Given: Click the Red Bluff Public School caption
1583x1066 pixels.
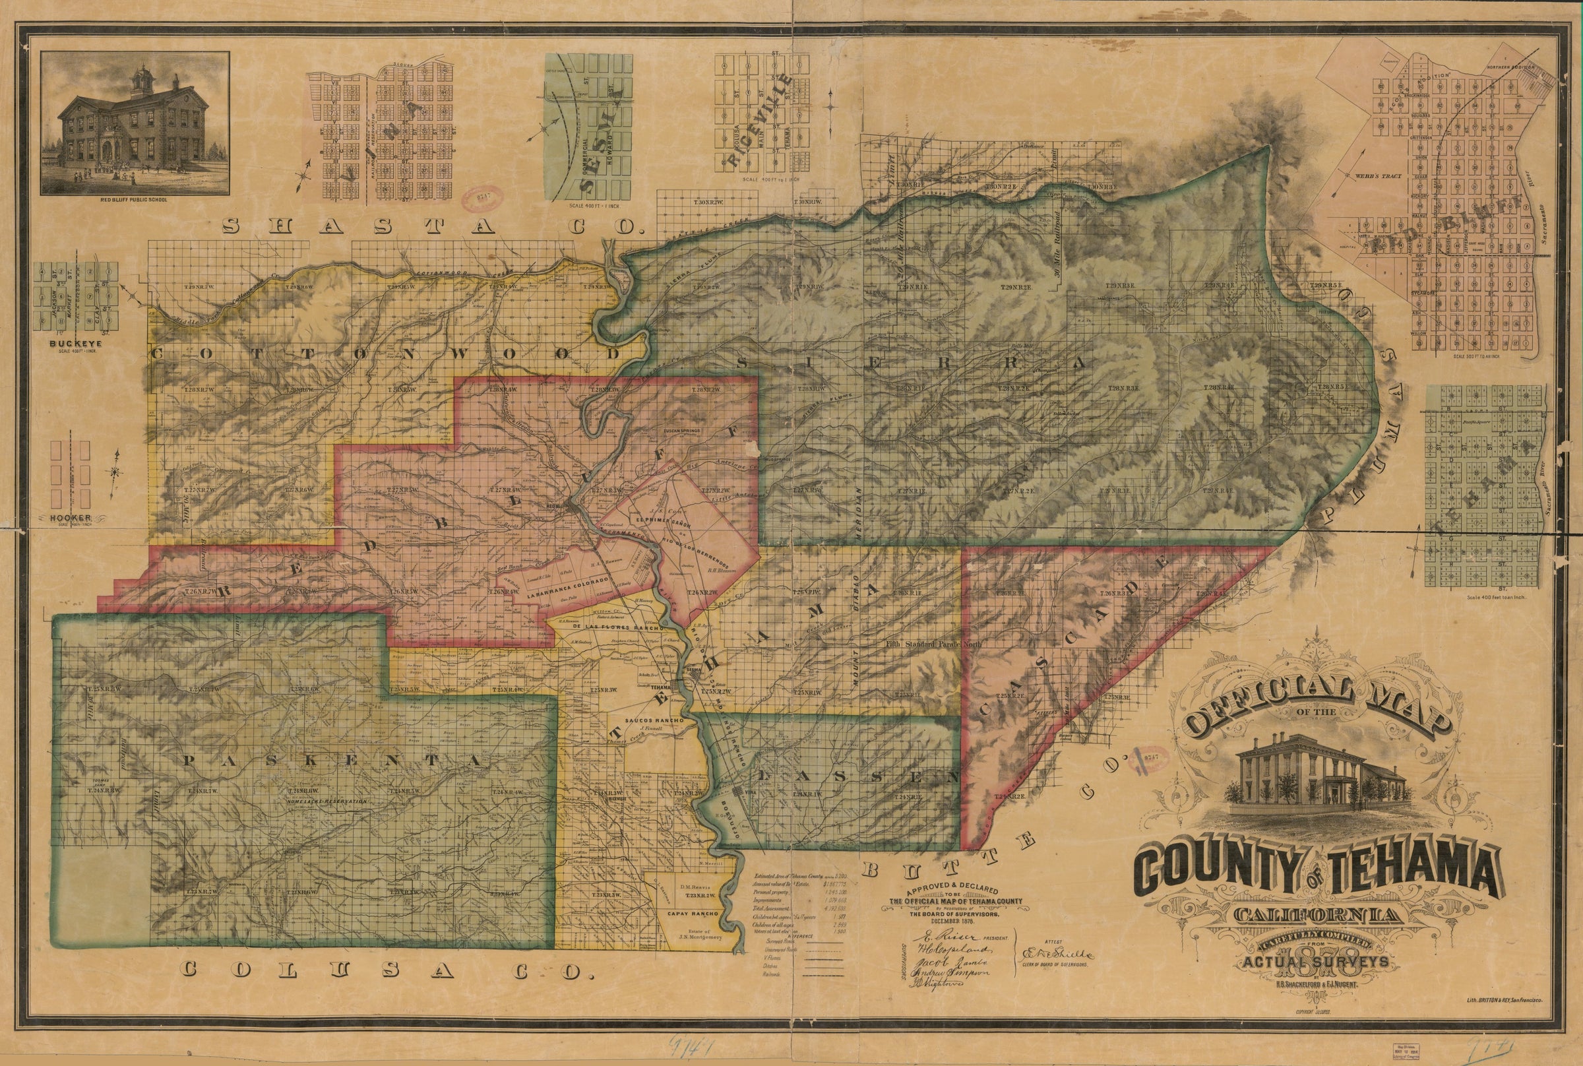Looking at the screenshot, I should pos(135,201).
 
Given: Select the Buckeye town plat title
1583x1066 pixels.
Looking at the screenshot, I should pos(75,343).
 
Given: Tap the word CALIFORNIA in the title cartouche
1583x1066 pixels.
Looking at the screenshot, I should pos(1351,916).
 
